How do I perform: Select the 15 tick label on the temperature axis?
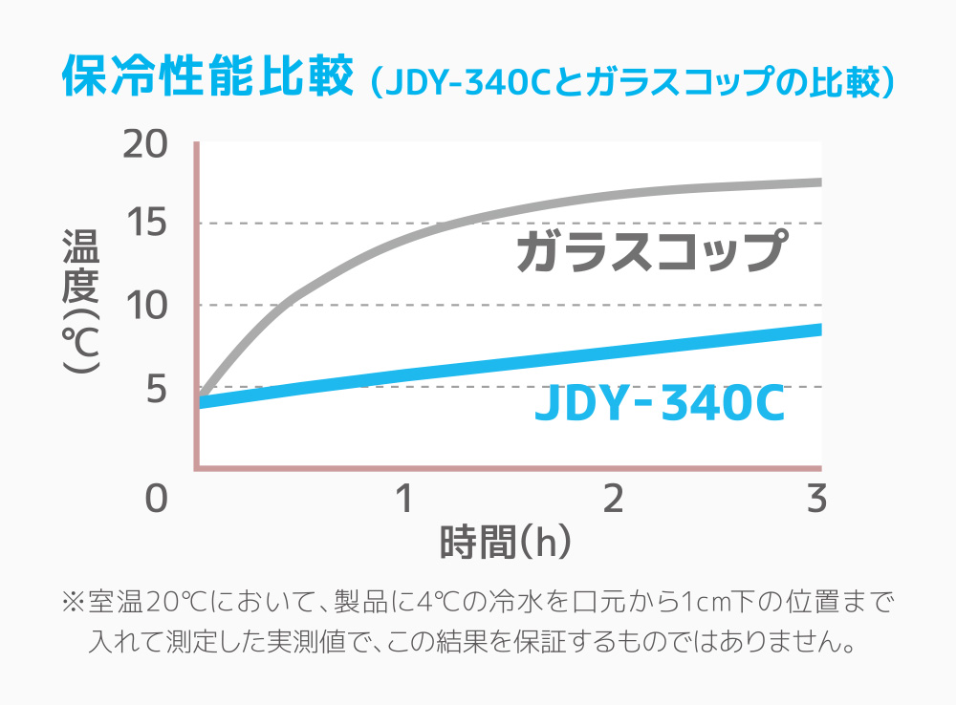(x=146, y=224)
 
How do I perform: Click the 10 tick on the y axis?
(x=146, y=306)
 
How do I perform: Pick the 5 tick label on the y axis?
(x=155, y=388)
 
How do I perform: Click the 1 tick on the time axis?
(x=404, y=498)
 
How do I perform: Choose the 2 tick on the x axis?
(x=613, y=498)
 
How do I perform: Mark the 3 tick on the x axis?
(x=815, y=498)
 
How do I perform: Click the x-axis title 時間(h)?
(x=506, y=543)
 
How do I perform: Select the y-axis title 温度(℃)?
(x=79, y=301)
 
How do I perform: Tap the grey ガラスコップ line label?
(x=650, y=252)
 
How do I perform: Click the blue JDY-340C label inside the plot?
(x=660, y=404)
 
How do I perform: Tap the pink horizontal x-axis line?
(x=507, y=468)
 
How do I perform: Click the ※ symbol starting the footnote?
(x=74, y=603)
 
